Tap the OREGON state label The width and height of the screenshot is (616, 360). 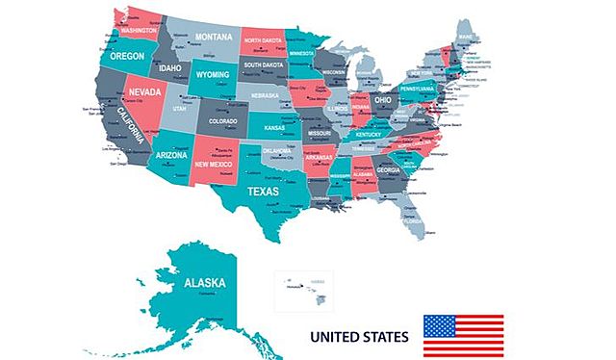127,57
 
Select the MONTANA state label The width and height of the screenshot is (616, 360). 214,37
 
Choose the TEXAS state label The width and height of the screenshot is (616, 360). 263,191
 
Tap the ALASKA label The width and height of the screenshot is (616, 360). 204,282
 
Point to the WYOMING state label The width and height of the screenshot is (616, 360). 213,74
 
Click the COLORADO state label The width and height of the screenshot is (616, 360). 221,120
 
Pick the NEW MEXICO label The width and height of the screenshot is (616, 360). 214,165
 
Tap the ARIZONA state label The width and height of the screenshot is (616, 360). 170,155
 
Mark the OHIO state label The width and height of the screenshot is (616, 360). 383,99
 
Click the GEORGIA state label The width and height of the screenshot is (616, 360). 389,169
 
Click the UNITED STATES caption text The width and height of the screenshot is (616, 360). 358,337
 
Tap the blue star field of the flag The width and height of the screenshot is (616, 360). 440,325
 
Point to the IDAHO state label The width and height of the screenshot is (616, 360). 170,68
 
